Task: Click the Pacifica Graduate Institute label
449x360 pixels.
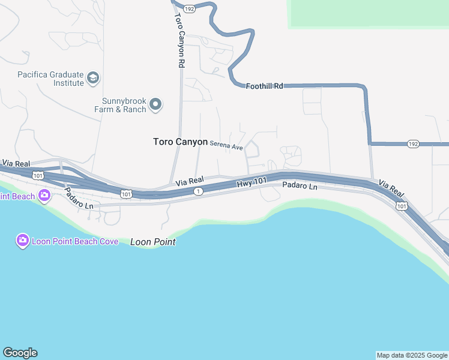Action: pyautogui.click(x=50, y=79)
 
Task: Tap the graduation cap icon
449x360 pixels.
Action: pyautogui.click(x=93, y=78)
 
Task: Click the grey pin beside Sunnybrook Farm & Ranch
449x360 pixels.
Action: pyautogui.click(x=155, y=105)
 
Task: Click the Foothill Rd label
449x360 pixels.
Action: pyautogui.click(x=264, y=86)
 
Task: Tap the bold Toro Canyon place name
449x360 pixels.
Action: pyautogui.click(x=180, y=142)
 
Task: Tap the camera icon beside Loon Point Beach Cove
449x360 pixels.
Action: pyautogui.click(x=22, y=241)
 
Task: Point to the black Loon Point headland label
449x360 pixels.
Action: pyautogui.click(x=153, y=242)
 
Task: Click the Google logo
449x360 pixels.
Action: pyautogui.click(x=20, y=353)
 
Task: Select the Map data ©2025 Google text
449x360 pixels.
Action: pyautogui.click(x=412, y=355)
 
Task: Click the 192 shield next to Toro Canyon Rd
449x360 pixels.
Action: pyautogui.click(x=189, y=9)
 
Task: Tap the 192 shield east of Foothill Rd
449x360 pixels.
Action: pyautogui.click(x=412, y=144)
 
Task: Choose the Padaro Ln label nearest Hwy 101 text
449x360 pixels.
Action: pyautogui.click(x=300, y=187)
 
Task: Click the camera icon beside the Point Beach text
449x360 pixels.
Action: pyautogui.click(x=44, y=196)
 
